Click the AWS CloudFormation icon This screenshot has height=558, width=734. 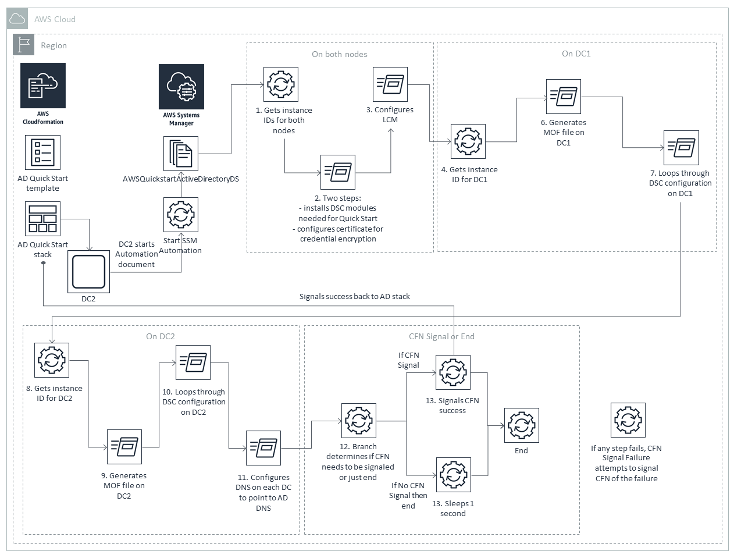click(43, 86)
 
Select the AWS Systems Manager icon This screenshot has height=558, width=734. click(181, 87)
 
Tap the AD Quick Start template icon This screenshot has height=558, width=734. click(43, 152)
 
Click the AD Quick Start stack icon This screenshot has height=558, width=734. click(43, 219)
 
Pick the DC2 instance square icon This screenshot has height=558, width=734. click(88, 272)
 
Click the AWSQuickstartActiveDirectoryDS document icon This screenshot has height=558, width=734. click(181, 154)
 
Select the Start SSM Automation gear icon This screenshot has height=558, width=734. click(181, 215)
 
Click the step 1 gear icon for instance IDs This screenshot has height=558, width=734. click(281, 84)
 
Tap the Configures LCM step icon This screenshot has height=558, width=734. click(390, 84)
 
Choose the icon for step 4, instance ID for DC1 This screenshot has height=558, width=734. click(468, 141)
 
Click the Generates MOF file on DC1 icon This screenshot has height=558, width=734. click(564, 97)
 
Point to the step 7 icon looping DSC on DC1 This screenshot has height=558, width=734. click(681, 148)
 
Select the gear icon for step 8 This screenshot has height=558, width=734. click(52, 360)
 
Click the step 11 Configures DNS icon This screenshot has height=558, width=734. click(263, 448)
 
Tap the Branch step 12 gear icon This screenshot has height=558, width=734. click(359, 421)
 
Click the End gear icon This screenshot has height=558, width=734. click(522, 425)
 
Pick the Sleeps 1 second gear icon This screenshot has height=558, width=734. click(454, 475)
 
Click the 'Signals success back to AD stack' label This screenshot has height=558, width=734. click(354, 296)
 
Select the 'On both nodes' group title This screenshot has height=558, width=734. click(340, 54)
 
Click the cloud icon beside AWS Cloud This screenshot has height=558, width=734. click(17, 19)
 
